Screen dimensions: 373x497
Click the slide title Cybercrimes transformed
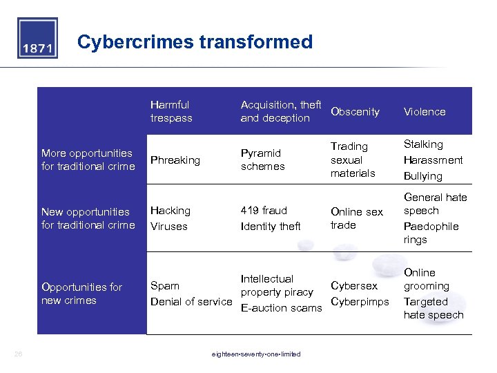195,42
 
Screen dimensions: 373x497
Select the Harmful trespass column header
171,111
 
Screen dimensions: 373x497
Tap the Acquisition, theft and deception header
280,111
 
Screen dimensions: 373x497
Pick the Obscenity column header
355,111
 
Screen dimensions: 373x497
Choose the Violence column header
425,111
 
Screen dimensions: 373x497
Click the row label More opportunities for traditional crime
88,160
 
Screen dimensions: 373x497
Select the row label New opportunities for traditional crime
88,218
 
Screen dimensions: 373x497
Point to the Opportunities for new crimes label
81,294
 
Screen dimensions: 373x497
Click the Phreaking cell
175,160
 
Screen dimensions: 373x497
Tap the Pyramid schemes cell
262,160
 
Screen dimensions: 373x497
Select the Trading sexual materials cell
352,160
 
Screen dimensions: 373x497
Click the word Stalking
423,144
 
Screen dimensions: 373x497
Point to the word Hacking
170,210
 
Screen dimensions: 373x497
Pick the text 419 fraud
264,210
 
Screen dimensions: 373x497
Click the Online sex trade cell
356,218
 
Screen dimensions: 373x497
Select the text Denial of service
191,301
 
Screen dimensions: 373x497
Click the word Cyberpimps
360,301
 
